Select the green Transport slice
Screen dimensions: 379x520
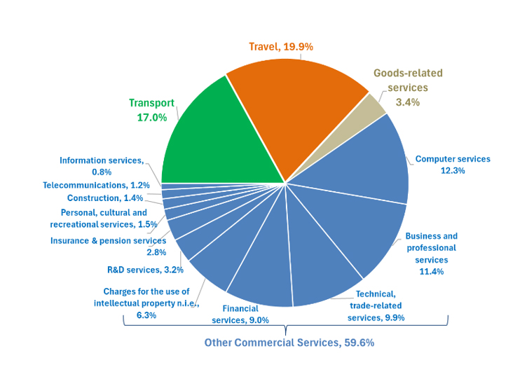coord(210,140)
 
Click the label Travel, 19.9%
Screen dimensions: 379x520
coord(280,47)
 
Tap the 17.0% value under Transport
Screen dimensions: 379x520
coord(151,118)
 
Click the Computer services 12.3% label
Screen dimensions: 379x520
coord(453,165)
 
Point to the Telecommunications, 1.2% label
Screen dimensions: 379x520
coord(96,186)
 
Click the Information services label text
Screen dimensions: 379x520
coord(101,160)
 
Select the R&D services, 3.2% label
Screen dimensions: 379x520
coord(145,269)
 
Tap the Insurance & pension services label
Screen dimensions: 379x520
coord(108,241)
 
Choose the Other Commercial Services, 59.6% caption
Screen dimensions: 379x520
coord(289,343)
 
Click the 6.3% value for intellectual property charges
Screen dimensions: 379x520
coord(146,315)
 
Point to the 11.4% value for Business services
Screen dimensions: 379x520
coord(431,272)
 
